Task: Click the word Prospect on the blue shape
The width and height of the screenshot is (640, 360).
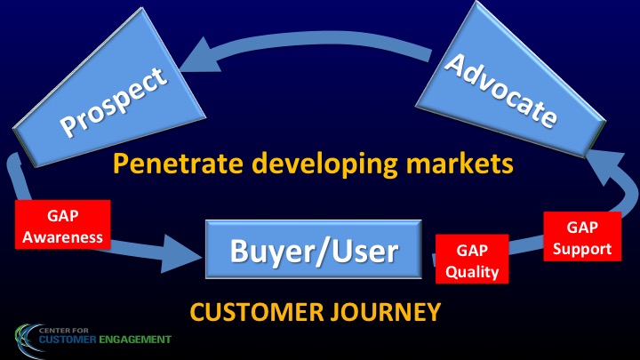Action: click(x=114, y=101)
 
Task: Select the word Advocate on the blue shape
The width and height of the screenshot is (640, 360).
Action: click(x=500, y=90)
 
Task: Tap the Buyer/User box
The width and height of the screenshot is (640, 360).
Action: click(x=314, y=250)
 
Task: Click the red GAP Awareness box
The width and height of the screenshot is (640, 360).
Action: click(x=63, y=225)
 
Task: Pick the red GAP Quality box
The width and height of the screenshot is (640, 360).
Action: click(x=472, y=259)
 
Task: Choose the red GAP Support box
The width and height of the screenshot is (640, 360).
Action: click(x=582, y=236)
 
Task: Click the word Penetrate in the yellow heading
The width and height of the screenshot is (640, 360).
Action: click(x=178, y=163)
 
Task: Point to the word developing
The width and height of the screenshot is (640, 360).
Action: click(x=325, y=164)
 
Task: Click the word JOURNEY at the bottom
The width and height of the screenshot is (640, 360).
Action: click(x=386, y=312)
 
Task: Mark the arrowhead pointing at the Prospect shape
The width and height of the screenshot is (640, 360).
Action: click(x=200, y=55)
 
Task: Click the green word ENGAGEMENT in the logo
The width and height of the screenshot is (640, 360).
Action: click(x=135, y=340)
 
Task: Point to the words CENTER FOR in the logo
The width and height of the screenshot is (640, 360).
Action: click(x=64, y=330)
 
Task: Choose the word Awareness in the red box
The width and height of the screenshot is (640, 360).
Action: click(x=63, y=237)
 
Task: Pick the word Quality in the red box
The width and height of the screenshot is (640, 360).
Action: click(x=472, y=272)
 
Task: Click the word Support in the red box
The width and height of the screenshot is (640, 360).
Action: click(x=582, y=250)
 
